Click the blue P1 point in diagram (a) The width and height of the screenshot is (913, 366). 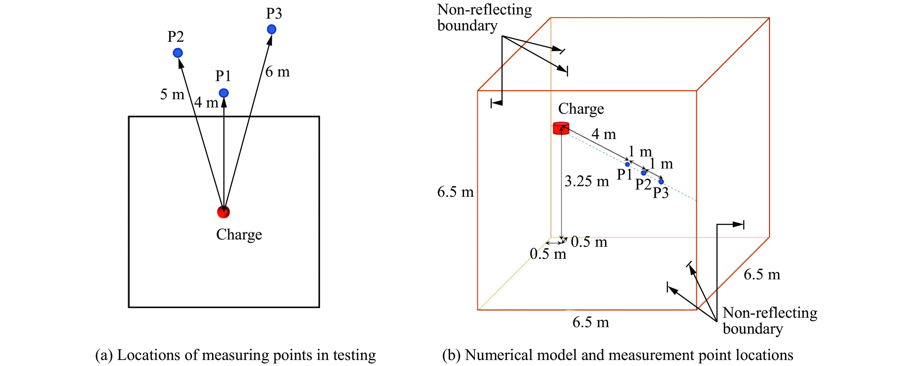[224, 93]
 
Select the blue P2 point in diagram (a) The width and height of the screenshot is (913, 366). [178, 53]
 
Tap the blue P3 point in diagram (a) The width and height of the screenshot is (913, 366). [271, 29]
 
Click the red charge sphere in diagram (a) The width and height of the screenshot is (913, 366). [223, 212]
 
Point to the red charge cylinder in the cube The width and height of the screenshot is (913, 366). [561, 128]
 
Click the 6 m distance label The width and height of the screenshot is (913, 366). [278, 72]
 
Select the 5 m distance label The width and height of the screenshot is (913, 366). [172, 94]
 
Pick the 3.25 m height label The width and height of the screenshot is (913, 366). [587, 181]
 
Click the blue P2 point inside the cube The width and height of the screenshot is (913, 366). [644, 173]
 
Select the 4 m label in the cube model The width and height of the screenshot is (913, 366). [604, 134]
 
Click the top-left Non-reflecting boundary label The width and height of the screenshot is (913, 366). [484, 18]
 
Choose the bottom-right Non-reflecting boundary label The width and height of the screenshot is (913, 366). [770, 321]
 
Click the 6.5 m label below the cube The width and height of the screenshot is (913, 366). [591, 322]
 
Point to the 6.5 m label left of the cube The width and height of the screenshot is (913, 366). [455, 192]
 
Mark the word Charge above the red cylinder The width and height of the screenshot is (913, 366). [581, 109]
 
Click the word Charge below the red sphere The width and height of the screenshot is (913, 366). [239, 235]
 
